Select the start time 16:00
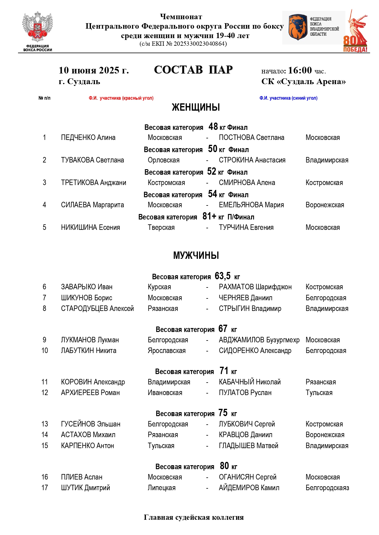point(300,70)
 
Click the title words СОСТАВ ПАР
point(193,70)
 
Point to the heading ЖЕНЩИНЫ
point(196,107)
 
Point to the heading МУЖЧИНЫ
point(196,255)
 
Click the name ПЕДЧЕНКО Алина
point(88,137)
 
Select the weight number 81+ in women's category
point(209,216)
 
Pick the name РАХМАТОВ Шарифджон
point(255,287)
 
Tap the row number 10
point(45,351)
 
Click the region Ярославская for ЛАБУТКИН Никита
point(166,351)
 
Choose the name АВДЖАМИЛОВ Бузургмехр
point(259,340)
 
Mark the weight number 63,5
point(222,276)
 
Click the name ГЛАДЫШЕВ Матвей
point(248,446)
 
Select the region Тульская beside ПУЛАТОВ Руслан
point(319,393)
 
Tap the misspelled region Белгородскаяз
point(327,488)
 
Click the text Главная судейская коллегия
point(194,517)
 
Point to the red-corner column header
point(121,98)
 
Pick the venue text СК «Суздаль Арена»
point(303,82)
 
